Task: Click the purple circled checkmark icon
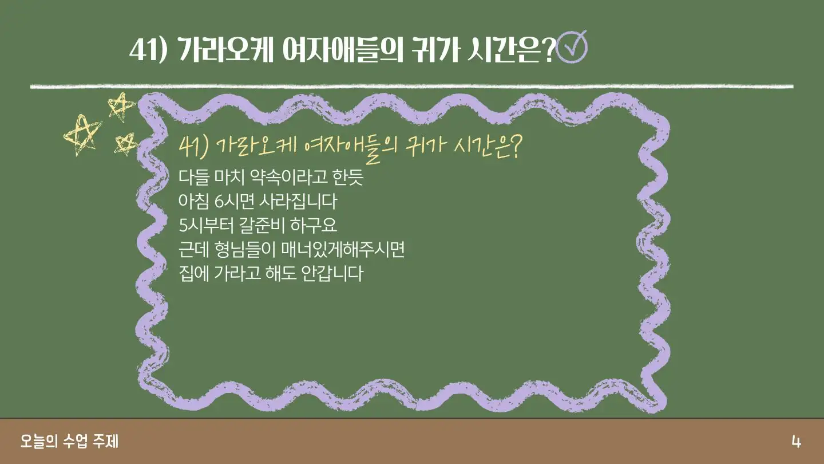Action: tap(572, 47)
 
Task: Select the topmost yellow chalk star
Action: tap(121, 107)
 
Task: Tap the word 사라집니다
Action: tap(298, 201)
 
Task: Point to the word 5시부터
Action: tap(206, 225)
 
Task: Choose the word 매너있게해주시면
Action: tap(343, 249)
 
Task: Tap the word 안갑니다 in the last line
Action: tap(332, 273)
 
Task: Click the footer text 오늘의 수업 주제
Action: tap(70, 441)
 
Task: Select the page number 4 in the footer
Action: tap(796, 442)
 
